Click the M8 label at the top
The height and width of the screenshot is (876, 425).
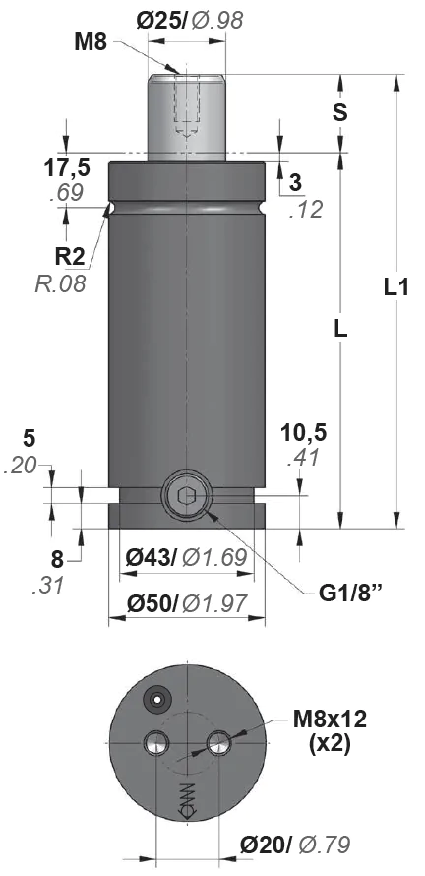pos(91,42)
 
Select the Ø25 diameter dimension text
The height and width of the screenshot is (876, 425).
pos(161,20)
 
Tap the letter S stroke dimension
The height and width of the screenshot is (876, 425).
pos(339,112)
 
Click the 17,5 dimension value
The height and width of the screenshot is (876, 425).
pos(67,168)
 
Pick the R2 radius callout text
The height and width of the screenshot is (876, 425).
pos(70,257)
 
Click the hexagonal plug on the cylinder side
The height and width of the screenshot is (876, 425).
pos(187,495)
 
